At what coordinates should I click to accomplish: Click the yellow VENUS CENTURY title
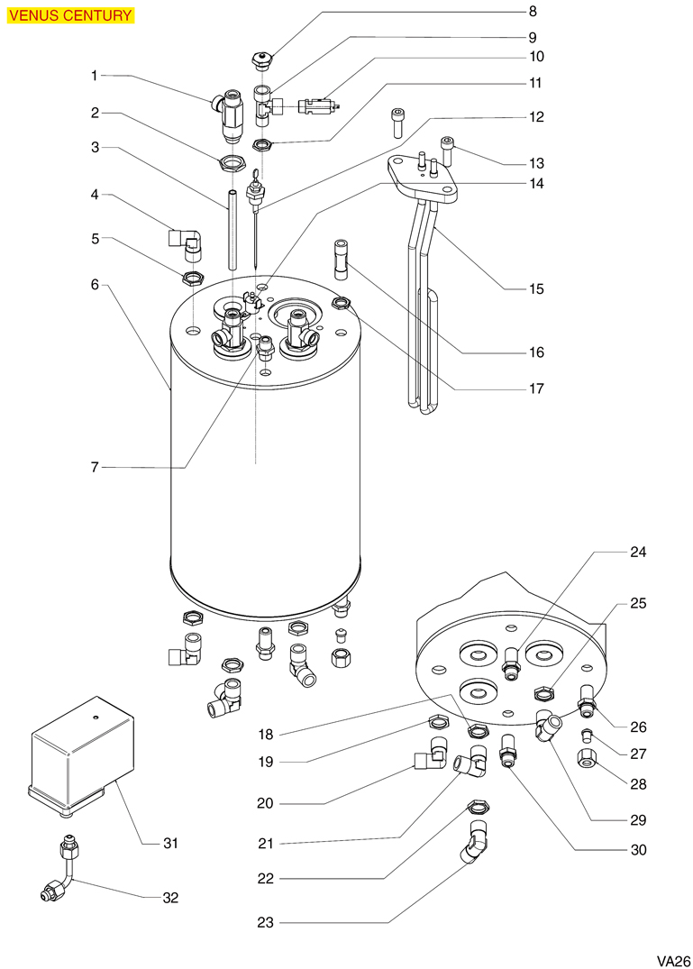[69, 15]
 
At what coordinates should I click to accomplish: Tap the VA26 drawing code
[672, 961]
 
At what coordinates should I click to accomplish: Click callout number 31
[170, 843]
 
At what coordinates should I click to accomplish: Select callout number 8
[533, 11]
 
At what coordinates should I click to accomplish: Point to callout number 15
[536, 288]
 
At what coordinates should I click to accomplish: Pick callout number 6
[95, 285]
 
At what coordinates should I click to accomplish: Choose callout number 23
[265, 923]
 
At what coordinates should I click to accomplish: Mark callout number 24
[637, 552]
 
